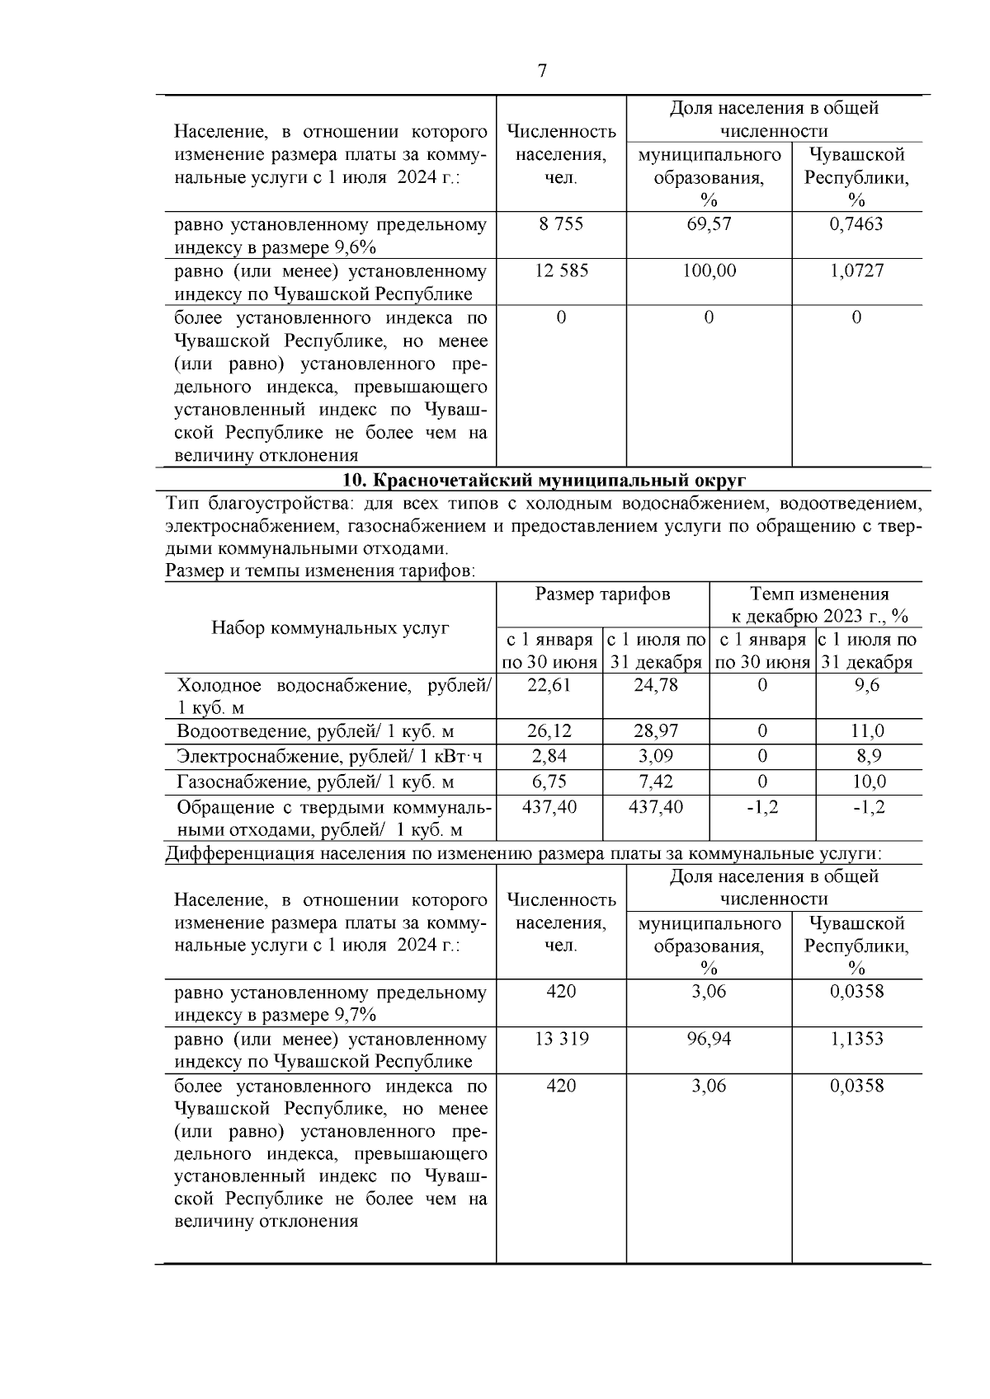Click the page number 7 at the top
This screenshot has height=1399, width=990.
[542, 71]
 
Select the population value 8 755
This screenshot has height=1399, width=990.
[561, 224]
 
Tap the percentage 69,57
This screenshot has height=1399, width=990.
[709, 224]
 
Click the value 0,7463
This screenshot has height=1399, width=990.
[856, 224]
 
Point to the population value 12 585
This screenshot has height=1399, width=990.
[561, 271]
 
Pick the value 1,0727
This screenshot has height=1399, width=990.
[856, 271]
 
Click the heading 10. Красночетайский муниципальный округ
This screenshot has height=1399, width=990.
[544, 480]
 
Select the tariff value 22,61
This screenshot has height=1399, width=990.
[549, 685]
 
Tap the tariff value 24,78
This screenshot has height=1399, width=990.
[656, 685]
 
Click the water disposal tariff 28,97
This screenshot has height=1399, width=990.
[656, 731]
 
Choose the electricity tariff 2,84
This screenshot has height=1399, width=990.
[549, 756]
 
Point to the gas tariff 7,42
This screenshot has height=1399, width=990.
[656, 782]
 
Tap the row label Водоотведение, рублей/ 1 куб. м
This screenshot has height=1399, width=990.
[315, 731]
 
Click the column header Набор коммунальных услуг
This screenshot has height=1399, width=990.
[330, 628]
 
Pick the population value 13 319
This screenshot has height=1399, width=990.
[561, 1039]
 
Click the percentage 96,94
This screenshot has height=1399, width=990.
[709, 1039]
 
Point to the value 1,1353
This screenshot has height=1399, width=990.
[856, 1039]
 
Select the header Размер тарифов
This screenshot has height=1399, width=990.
[602, 594]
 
